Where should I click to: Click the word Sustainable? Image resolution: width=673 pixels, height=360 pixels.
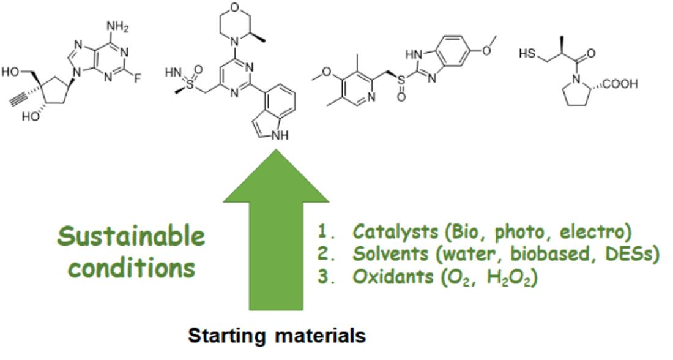click(131, 236)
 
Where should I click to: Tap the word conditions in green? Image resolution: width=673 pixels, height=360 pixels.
click(132, 268)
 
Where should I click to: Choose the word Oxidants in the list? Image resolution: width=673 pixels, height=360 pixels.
click(392, 277)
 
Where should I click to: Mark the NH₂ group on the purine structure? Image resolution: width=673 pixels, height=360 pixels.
click(117, 27)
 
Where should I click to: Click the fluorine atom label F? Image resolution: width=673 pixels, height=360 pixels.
click(137, 79)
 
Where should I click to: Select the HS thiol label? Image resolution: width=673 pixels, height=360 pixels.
click(527, 54)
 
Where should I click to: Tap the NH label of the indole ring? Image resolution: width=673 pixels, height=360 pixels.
click(280, 136)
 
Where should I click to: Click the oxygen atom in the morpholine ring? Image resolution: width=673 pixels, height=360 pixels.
click(234, 7)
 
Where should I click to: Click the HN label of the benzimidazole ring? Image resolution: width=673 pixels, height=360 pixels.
click(413, 56)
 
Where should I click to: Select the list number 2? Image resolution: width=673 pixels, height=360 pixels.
click(323, 254)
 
